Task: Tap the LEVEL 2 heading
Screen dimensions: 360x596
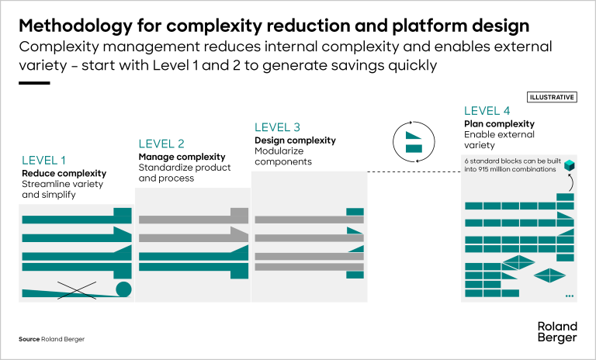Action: coord(161,144)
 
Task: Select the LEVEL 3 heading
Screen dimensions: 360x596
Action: coord(278,127)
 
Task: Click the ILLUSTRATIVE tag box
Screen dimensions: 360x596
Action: coord(552,97)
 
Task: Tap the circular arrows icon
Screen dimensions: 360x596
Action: coord(414,140)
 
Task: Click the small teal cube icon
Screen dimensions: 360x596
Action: coord(571,165)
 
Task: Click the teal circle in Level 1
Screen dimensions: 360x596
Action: coord(123,289)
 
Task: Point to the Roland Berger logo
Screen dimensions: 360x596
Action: coord(556,331)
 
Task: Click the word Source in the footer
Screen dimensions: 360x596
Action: coord(29,340)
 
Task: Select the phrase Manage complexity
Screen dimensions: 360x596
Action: coord(171,157)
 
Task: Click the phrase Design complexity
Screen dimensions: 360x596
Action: coord(295,140)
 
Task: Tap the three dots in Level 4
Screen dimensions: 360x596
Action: coord(569,296)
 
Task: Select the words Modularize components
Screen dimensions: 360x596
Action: coord(283,156)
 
